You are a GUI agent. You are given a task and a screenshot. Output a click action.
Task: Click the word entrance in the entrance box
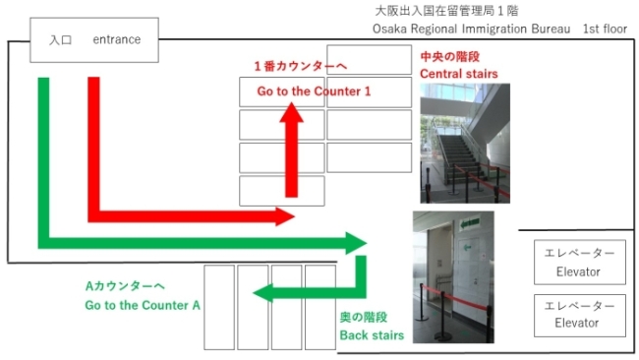tap(117, 39)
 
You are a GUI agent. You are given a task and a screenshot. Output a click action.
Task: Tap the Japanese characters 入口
tap(60, 40)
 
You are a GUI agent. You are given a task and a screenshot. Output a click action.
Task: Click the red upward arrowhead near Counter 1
tap(291, 112)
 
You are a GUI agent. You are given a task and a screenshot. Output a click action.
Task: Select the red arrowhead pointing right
tap(285, 216)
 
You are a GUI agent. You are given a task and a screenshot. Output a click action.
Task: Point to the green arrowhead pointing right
tap(356, 243)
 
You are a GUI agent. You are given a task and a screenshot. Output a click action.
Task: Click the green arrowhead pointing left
tap(262, 293)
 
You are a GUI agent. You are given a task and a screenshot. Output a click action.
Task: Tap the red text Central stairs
tap(459, 74)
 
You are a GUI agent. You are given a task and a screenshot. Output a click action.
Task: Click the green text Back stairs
tap(372, 335)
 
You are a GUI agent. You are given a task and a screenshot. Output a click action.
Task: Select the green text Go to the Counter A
tap(143, 305)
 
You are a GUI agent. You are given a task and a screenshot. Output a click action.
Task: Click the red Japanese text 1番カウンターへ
tap(301, 66)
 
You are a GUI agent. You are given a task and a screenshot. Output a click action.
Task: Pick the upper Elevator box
tap(579, 263)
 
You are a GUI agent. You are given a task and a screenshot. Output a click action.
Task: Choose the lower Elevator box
tap(579, 316)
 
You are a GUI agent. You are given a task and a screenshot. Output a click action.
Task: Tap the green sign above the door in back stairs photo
tap(470, 223)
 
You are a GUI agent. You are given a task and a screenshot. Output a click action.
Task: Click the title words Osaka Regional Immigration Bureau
tap(471, 29)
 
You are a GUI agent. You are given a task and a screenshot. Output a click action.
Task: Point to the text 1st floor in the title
tap(605, 29)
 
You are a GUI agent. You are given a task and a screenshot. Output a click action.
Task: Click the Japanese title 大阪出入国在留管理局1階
tap(446, 11)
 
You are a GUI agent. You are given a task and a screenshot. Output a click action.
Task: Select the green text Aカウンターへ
tap(125, 286)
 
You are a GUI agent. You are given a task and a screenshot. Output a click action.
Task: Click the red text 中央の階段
tap(450, 57)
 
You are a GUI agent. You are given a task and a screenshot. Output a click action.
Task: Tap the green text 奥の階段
tap(364, 317)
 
